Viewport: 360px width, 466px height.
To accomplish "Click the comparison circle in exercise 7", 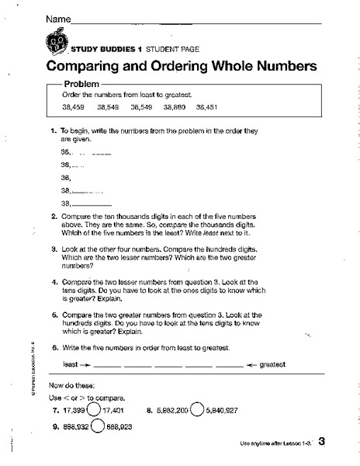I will pos(93,409).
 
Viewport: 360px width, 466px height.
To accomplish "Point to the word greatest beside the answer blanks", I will pos(272,363).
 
